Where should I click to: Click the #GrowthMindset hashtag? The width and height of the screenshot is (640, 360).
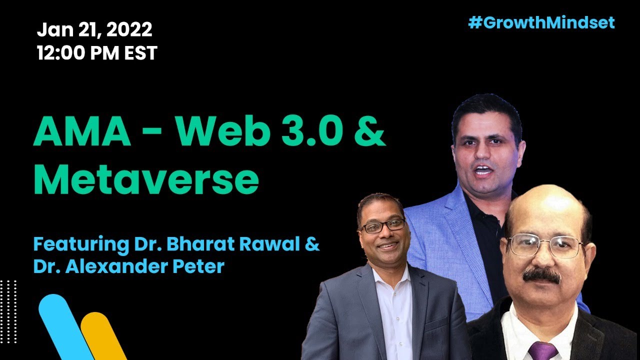click(541, 23)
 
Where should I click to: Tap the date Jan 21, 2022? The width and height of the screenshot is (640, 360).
click(94, 29)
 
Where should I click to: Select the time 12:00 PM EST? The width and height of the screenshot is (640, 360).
click(97, 52)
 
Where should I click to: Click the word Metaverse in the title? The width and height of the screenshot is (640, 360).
click(146, 179)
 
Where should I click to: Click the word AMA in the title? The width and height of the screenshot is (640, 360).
click(82, 130)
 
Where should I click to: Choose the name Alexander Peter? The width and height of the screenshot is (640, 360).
click(145, 266)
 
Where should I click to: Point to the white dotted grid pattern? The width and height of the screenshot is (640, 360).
click(8, 311)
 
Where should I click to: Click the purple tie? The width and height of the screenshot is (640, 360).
click(542, 350)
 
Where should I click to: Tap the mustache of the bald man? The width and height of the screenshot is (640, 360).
click(541, 275)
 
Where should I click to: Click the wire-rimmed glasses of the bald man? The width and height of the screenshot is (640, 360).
click(545, 245)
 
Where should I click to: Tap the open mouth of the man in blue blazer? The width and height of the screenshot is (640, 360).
click(482, 170)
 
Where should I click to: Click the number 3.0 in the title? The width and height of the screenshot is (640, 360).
click(312, 130)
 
